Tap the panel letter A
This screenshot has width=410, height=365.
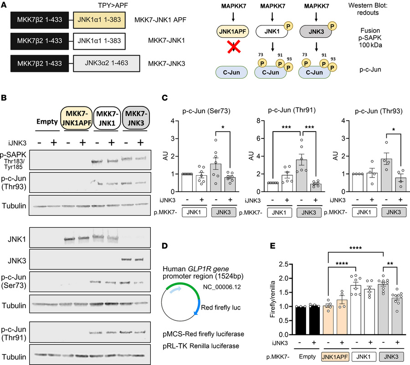(x=4, y=5)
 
